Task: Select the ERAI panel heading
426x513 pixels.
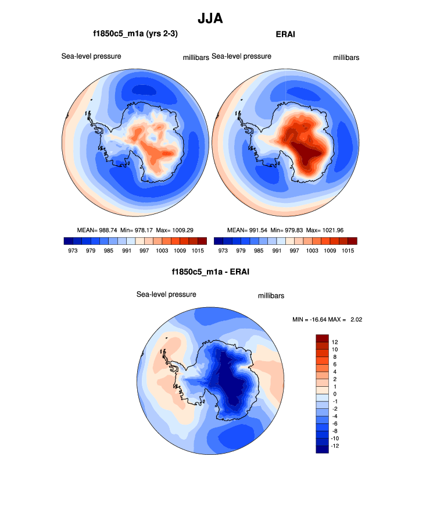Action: coord(285,34)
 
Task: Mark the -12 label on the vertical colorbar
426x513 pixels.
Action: coord(335,446)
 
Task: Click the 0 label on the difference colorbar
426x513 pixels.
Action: coord(334,394)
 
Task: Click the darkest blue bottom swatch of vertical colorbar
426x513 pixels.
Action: coord(323,449)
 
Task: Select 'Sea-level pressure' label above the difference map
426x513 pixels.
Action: coord(166,294)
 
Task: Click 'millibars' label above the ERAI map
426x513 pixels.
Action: coord(346,58)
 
